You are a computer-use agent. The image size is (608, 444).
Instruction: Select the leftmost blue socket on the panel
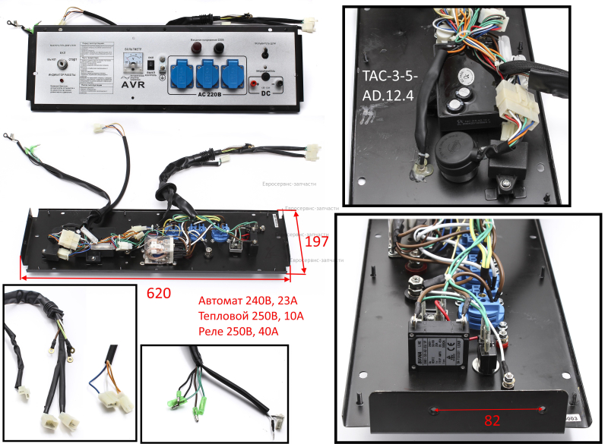click(x=185, y=74)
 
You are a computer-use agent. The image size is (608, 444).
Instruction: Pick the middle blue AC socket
click(x=209, y=74)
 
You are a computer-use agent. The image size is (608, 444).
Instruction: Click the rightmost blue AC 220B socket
click(x=232, y=74)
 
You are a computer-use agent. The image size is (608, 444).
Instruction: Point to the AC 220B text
click(x=209, y=95)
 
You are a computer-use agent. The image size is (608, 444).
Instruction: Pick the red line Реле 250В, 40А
click(x=238, y=331)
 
